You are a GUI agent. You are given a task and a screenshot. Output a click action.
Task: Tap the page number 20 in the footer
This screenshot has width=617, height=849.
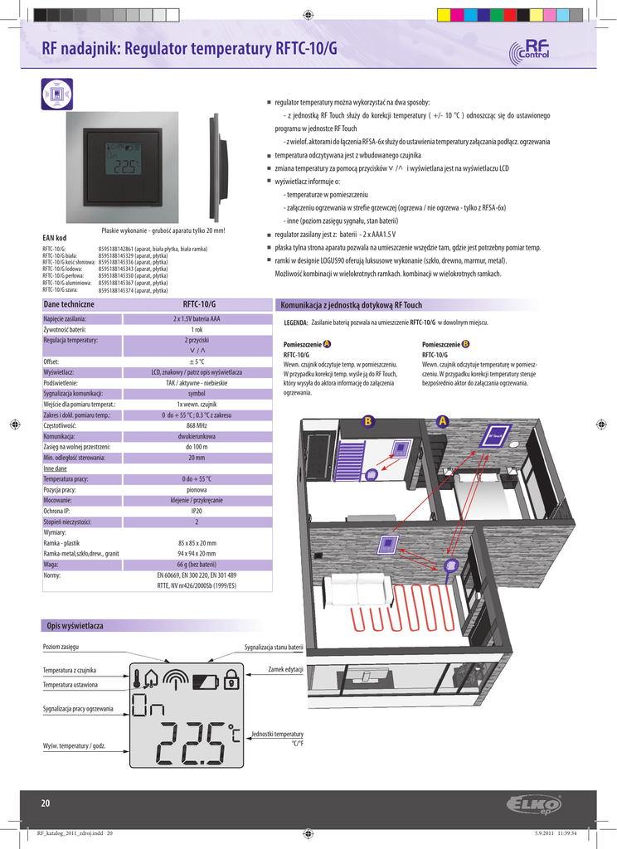(x=46, y=803)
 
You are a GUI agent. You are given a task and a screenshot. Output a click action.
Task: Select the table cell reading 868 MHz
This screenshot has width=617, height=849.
(x=197, y=424)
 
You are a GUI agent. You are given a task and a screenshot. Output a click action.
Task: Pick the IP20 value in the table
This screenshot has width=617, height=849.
(x=197, y=512)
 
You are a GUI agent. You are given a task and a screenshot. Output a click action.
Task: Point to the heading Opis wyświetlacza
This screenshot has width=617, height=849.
(x=75, y=624)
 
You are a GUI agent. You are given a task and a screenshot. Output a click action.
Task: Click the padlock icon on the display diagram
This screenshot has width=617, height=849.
(x=231, y=681)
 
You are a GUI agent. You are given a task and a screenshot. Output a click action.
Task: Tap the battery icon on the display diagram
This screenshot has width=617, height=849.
(x=203, y=682)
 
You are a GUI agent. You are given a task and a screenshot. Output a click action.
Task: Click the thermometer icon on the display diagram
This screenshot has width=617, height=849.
(x=135, y=680)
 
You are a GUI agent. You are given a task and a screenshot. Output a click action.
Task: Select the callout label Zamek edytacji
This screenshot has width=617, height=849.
(x=286, y=668)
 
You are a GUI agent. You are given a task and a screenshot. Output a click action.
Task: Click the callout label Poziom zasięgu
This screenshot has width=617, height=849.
(x=61, y=646)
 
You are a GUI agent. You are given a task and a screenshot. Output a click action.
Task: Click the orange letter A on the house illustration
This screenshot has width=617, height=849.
(x=442, y=421)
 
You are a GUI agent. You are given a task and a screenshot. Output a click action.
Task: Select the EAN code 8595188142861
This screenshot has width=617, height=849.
(x=117, y=249)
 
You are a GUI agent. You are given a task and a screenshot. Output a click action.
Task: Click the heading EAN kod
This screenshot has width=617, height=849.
(x=54, y=237)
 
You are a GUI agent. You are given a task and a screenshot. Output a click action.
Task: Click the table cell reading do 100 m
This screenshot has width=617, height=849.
(x=197, y=446)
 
